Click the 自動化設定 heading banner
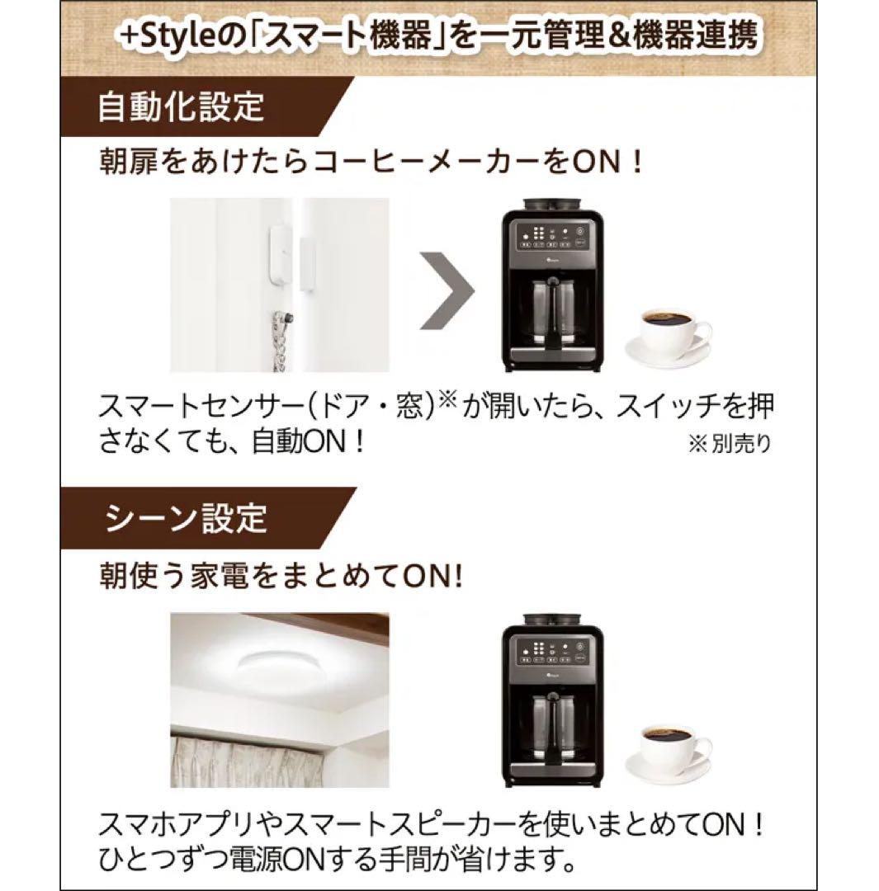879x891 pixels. pos(182,108)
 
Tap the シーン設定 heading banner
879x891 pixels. pos(187,518)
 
